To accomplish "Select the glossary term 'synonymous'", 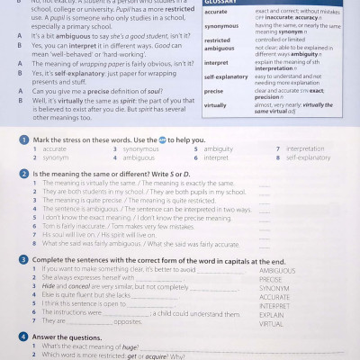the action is point(222,26).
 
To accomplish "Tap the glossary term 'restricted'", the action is point(220,40).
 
